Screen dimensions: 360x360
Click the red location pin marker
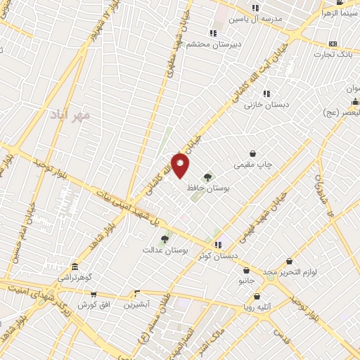point(180,165)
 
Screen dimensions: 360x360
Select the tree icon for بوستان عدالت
point(165,239)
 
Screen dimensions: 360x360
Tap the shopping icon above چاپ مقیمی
point(252,153)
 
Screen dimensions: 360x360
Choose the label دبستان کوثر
point(218,255)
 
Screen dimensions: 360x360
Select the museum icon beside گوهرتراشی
point(75,268)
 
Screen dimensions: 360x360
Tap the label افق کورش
point(91,304)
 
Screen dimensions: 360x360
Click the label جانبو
point(245,281)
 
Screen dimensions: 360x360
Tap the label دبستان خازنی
point(262,104)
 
